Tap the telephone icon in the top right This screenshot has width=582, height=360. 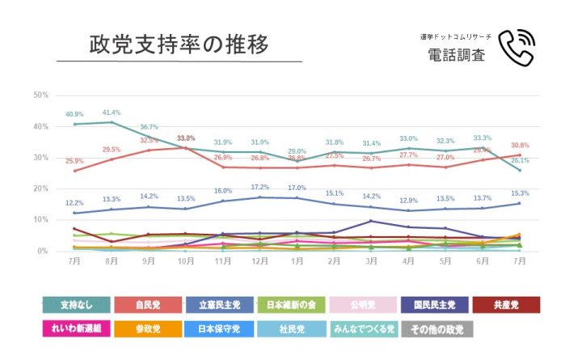click(517, 48)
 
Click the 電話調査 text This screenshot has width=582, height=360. click(456, 55)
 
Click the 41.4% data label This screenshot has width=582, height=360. click(112, 112)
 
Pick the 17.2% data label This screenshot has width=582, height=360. click(259, 188)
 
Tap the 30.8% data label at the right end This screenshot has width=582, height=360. click(519, 145)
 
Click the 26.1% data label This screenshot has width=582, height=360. click(519, 160)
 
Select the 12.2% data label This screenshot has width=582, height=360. click(74, 203)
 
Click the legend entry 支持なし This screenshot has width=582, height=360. click(77, 305)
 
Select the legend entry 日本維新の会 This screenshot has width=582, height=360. click(295, 305)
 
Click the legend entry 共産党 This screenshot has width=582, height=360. click(506, 305)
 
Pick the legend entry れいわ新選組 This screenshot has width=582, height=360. click(77, 329)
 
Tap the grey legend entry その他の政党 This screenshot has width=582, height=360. click(437, 329)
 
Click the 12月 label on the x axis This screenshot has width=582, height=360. click(259, 262)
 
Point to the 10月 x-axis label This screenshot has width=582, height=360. click(185, 262)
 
